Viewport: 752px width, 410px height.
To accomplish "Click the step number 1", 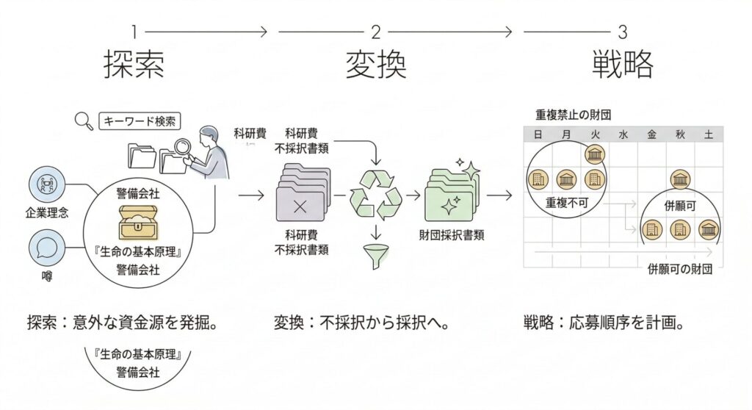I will tap(134, 32).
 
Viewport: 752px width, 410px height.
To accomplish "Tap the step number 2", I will tap(375, 32).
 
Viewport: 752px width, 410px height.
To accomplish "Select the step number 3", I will tap(623, 32).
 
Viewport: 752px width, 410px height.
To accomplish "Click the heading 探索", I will tap(133, 65).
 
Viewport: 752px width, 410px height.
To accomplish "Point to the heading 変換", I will tap(375, 65).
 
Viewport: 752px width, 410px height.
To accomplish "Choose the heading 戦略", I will tap(623, 65).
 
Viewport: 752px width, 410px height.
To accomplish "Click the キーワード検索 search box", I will tap(140, 121).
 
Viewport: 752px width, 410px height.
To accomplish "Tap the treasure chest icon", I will tap(139, 222).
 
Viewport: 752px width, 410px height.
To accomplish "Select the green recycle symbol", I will tap(375, 195).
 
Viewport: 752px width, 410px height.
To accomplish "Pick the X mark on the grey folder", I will tap(299, 206).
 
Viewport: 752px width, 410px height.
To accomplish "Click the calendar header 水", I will tap(623, 134).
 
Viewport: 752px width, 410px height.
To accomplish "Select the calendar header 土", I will tap(708, 134).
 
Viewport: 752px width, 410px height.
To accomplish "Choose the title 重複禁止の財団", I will tap(574, 115).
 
